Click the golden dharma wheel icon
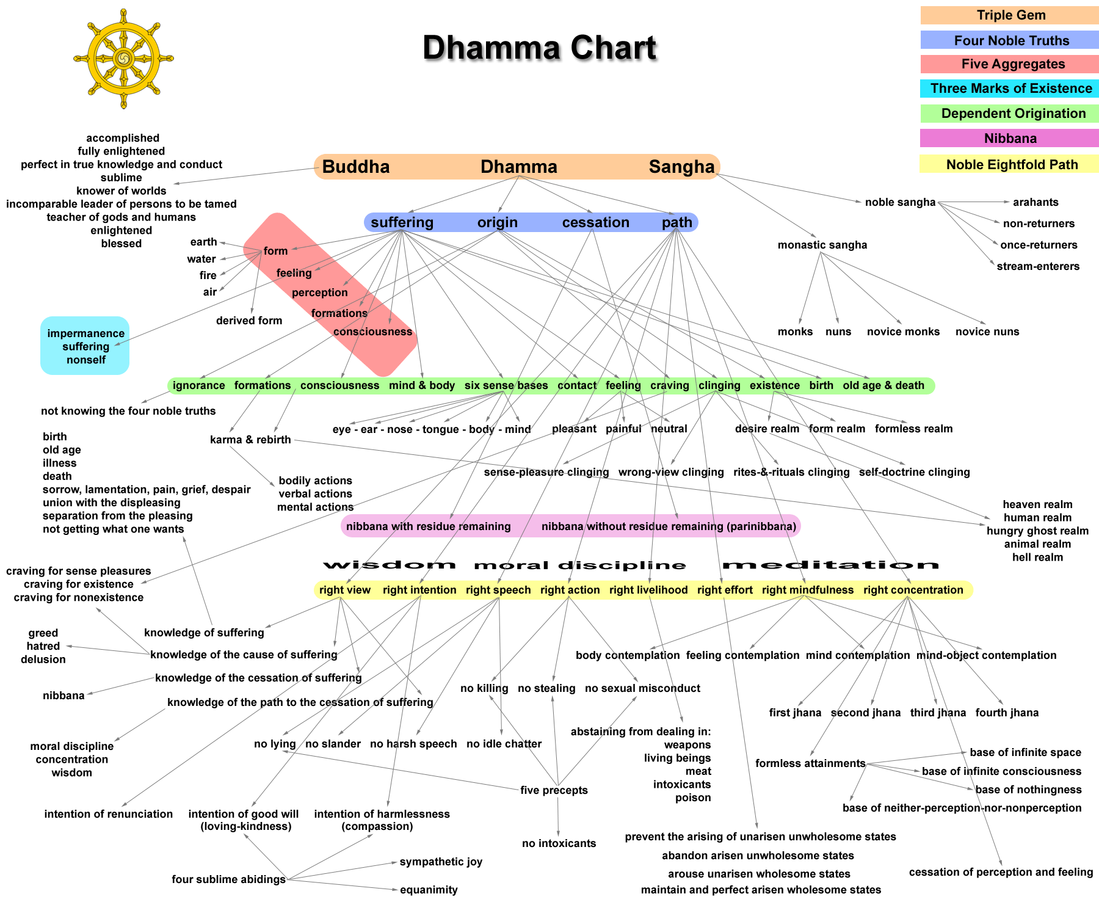tap(123, 59)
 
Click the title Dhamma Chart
tap(539, 48)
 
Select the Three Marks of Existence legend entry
tap(1010, 89)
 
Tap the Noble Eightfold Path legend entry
tap(1010, 164)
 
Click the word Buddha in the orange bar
tap(356, 167)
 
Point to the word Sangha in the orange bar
tap(681, 167)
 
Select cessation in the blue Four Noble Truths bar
tap(595, 222)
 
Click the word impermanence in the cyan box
tap(85, 333)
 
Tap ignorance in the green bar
tap(198, 385)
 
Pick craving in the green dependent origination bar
tap(669, 385)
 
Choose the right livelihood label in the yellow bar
tap(648, 590)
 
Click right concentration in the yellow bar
tap(913, 590)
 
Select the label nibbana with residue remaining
tap(428, 526)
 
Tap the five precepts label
tap(554, 790)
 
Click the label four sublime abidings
tap(228, 879)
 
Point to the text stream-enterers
tap(1037, 266)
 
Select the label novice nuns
tap(987, 332)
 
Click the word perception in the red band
tap(319, 293)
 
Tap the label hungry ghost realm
tap(1037, 531)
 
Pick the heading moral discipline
tap(579, 565)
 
